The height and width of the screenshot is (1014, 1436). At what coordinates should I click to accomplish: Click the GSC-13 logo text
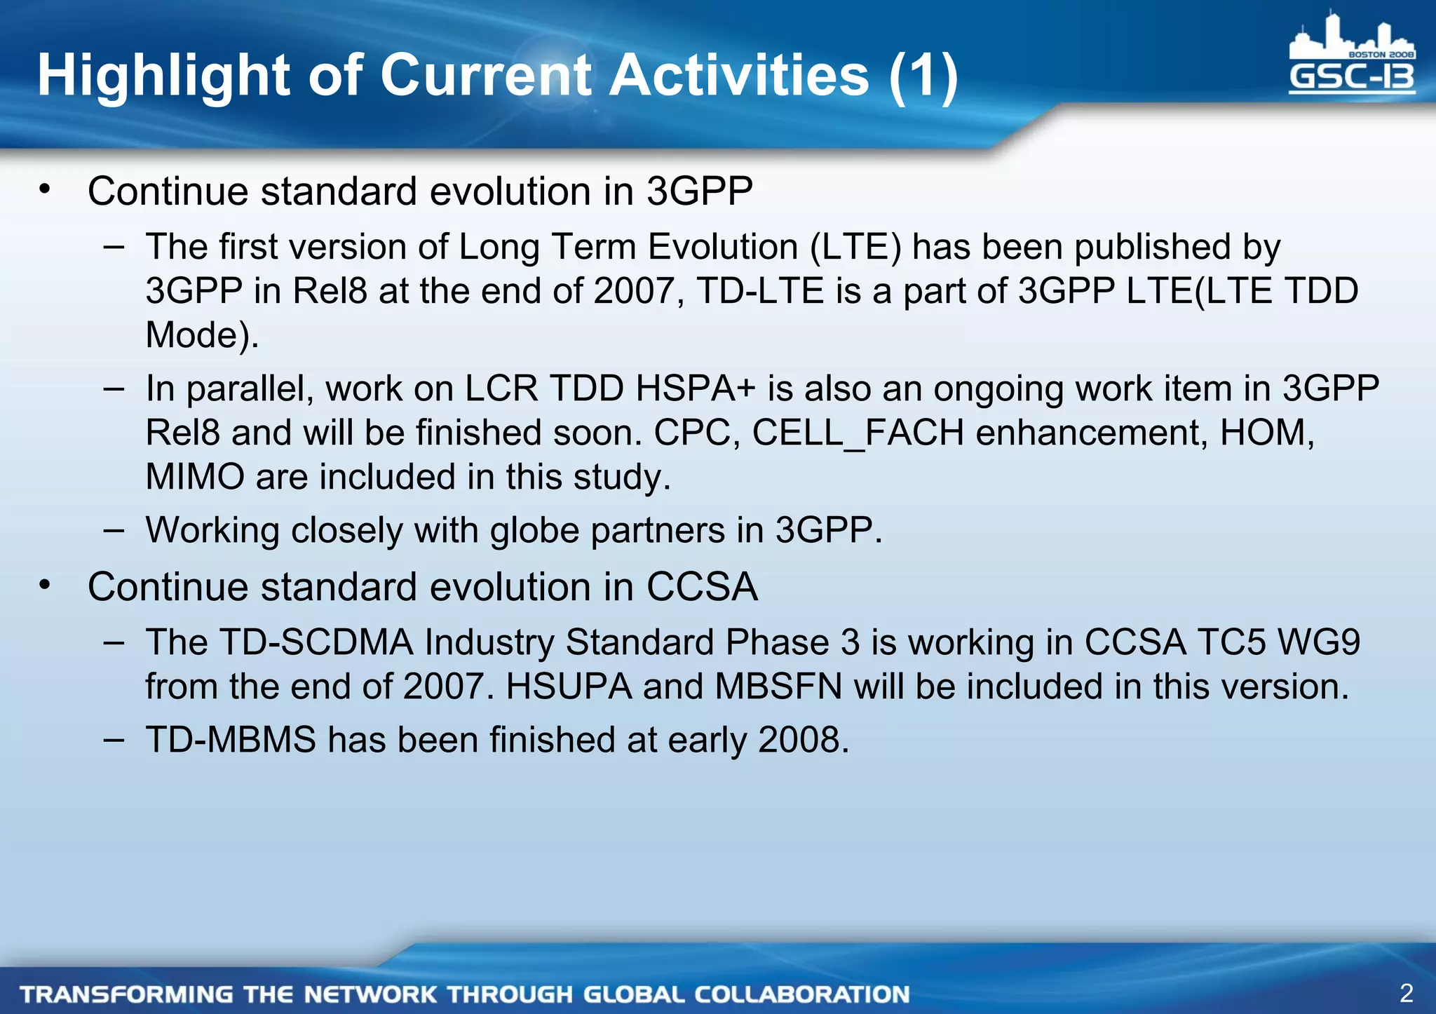click(1351, 78)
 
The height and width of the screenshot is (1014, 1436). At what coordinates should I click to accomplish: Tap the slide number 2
click(1406, 993)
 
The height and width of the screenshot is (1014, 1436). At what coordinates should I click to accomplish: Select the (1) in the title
click(923, 76)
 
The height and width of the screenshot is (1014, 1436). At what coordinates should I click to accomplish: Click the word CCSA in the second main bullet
click(701, 587)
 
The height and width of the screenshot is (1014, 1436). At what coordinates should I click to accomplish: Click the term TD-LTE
click(760, 291)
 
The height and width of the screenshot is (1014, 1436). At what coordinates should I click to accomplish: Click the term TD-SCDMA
click(316, 642)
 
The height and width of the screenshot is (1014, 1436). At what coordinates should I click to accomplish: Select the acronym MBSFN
click(778, 687)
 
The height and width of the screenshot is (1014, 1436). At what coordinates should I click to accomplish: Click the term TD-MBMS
click(231, 740)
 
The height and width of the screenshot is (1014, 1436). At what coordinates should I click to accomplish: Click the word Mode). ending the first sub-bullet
click(202, 335)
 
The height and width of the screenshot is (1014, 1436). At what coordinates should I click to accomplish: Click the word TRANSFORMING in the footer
click(126, 994)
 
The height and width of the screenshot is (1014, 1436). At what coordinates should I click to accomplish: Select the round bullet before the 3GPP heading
click(46, 189)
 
